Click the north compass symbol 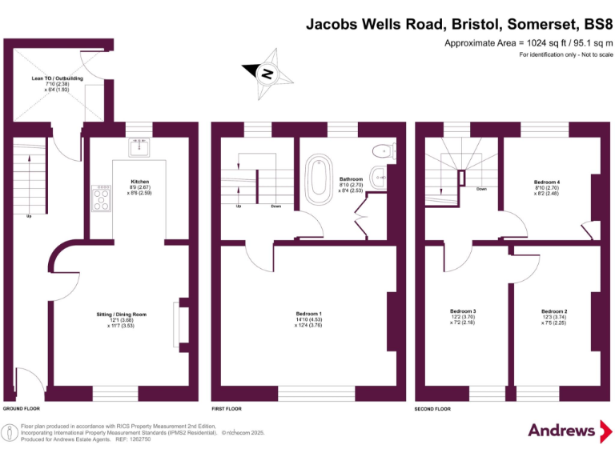click(x=268, y=74)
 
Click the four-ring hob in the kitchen click(x=102, y=198)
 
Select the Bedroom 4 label click(x=547, y=182)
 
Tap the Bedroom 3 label click(x=463, y=311)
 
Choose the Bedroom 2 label click(x=554, y=311)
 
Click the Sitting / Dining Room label click(x=116, y=315)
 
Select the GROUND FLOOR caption click(x=22, y=408)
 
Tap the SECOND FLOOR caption click(x=432, y=408)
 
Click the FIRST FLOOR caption click(x=227, y=408)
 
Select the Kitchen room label click(x=139, y=182)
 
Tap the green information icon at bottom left click(x=10, y=433)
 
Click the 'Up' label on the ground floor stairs click(x=30, y=215)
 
